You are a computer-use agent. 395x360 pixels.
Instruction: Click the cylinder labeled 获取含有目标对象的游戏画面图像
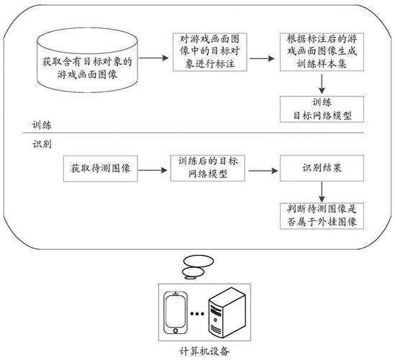pos(87,60)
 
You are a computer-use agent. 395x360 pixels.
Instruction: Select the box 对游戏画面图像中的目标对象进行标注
pos(209,52)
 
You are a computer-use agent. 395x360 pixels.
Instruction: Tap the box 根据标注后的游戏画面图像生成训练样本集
pos(322,52)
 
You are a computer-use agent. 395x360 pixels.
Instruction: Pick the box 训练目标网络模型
pos(322,109)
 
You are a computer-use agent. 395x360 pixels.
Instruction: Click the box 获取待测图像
pos(100,168)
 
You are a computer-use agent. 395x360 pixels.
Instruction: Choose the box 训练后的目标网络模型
pos(207,168)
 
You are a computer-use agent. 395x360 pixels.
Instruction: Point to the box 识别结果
pos(322,168)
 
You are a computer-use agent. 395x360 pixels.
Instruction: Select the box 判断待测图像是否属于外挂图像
pos(322,216)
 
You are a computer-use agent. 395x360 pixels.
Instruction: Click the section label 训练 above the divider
pos(42,125)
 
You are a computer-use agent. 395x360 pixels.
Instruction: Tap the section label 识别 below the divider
pos(42,144)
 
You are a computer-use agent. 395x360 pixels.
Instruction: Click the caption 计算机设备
pos(204,351)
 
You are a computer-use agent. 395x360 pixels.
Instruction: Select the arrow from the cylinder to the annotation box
pos(154,58)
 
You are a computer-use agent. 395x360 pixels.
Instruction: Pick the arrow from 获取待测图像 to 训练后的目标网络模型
pos(153,171)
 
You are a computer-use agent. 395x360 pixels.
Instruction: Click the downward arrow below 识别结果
pos(322,192)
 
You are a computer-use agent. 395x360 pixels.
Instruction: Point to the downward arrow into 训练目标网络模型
pos(322,84)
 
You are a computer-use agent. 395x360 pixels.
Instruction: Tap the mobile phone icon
pos(176,312)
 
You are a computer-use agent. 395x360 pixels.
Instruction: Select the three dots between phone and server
pos(197,314)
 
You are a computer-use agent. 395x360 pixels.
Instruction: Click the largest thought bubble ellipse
pos(199,261)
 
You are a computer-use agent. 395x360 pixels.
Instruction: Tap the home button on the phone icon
pos(176,330)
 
